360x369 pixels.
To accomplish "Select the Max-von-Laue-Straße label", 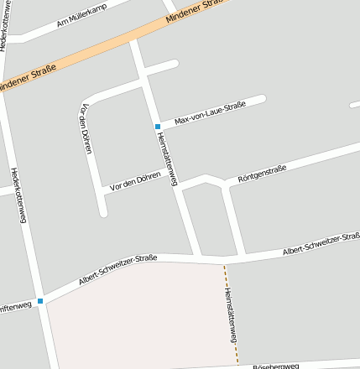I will [210, 113].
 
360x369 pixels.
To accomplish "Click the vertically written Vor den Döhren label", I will [85, 127].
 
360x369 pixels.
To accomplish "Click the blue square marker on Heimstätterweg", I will [157, 127].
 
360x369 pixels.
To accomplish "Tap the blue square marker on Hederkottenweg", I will [39, 300].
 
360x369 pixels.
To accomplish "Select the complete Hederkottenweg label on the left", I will [18, 195].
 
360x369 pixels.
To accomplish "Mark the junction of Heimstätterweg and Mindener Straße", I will [134, 39].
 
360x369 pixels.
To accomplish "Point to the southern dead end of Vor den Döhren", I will [103, 212].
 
